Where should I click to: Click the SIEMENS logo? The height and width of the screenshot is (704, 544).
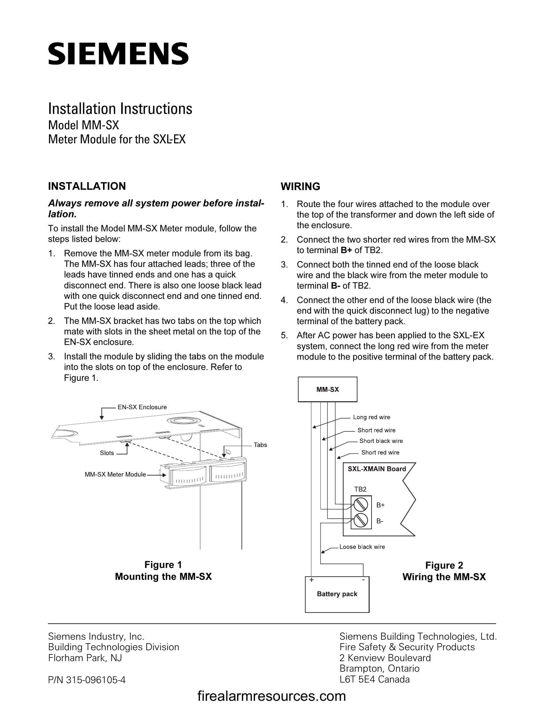click(x=118, y=53)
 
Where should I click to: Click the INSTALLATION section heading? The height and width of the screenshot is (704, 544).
click(x=87, y=186)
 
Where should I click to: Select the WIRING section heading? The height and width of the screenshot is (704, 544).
click(x=300, y=186)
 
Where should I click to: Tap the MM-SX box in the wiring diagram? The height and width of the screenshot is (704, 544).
click(x=327, y=389)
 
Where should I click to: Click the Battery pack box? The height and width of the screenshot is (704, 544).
click(x=337, y=594)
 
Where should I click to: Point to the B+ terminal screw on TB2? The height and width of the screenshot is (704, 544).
click(x=361, y=505)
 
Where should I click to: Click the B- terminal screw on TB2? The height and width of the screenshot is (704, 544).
click(x=361, y=520)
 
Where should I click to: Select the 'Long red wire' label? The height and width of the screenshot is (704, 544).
click(x=371, y=417)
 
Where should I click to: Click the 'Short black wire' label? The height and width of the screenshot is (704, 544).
click(x=381, y=441)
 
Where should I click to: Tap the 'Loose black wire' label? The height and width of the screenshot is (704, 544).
click(x=362, y=547)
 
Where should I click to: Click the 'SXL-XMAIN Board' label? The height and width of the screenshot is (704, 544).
click(x=376, y=469)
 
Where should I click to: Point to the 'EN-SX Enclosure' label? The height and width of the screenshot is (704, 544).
click(x=142, y=407)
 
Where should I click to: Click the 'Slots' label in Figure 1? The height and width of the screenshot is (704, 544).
click(x=107, y=453)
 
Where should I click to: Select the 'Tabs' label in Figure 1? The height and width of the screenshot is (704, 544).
click(x=260, y=445)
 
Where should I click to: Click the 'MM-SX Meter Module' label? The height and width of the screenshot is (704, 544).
click(x=115, y=475)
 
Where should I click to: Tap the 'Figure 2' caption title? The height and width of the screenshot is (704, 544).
click(x=444, y=565)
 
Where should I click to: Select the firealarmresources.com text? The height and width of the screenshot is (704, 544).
click(x=271, y=696)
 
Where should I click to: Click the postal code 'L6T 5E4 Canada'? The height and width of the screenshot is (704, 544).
click(x=374, y=679)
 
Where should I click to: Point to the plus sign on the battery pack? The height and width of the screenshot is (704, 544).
click(x=311, y=580)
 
